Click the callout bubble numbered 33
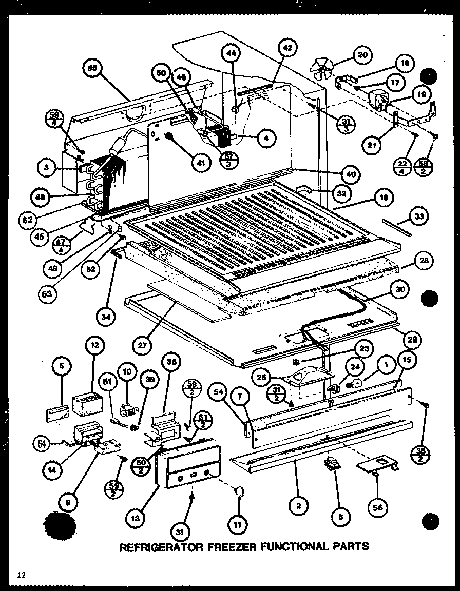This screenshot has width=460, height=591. point(419,218)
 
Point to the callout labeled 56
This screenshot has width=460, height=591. point(378,507)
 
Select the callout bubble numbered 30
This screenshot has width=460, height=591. point(400,289)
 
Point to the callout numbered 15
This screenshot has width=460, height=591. point(407,360)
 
